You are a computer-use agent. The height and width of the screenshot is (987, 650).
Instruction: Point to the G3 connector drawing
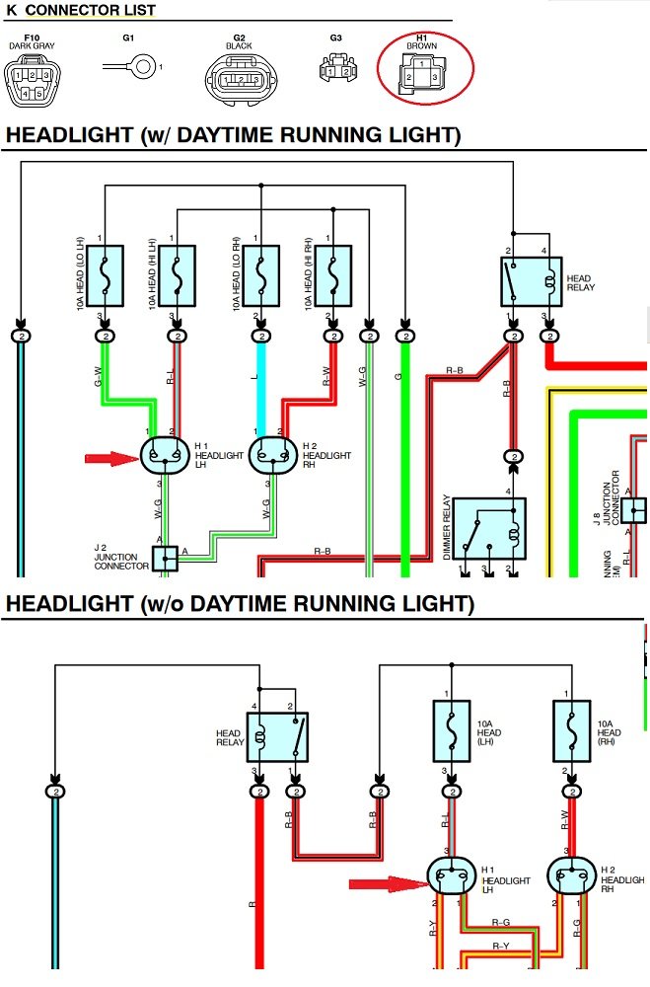click(x=335, y=67)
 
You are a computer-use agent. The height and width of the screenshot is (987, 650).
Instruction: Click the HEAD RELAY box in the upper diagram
click(x=531, y=280)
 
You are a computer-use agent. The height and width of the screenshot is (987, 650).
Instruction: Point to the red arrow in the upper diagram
click(x=111, y=458)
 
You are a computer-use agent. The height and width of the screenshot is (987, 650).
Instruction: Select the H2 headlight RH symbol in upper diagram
click(x=272, y=455)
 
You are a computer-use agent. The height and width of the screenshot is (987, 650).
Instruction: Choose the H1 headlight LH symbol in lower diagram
click(x=451, y=876)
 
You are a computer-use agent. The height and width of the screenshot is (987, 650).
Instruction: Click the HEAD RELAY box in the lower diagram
click(x=277, y=736)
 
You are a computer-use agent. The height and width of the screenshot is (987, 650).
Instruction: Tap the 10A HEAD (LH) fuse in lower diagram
click(x=452, y=732)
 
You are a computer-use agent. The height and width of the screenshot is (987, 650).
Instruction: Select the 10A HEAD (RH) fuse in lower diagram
click(x=571, y=732)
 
